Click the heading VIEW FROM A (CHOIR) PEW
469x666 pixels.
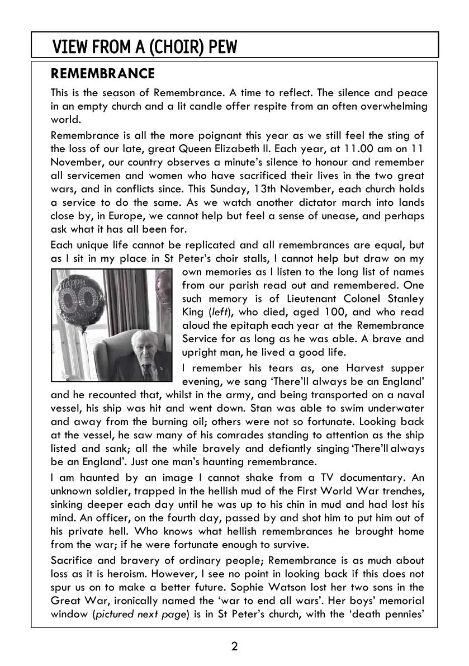point(144,47)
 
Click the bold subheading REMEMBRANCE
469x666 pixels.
point(102,74)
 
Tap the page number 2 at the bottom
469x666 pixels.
point(234,647)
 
